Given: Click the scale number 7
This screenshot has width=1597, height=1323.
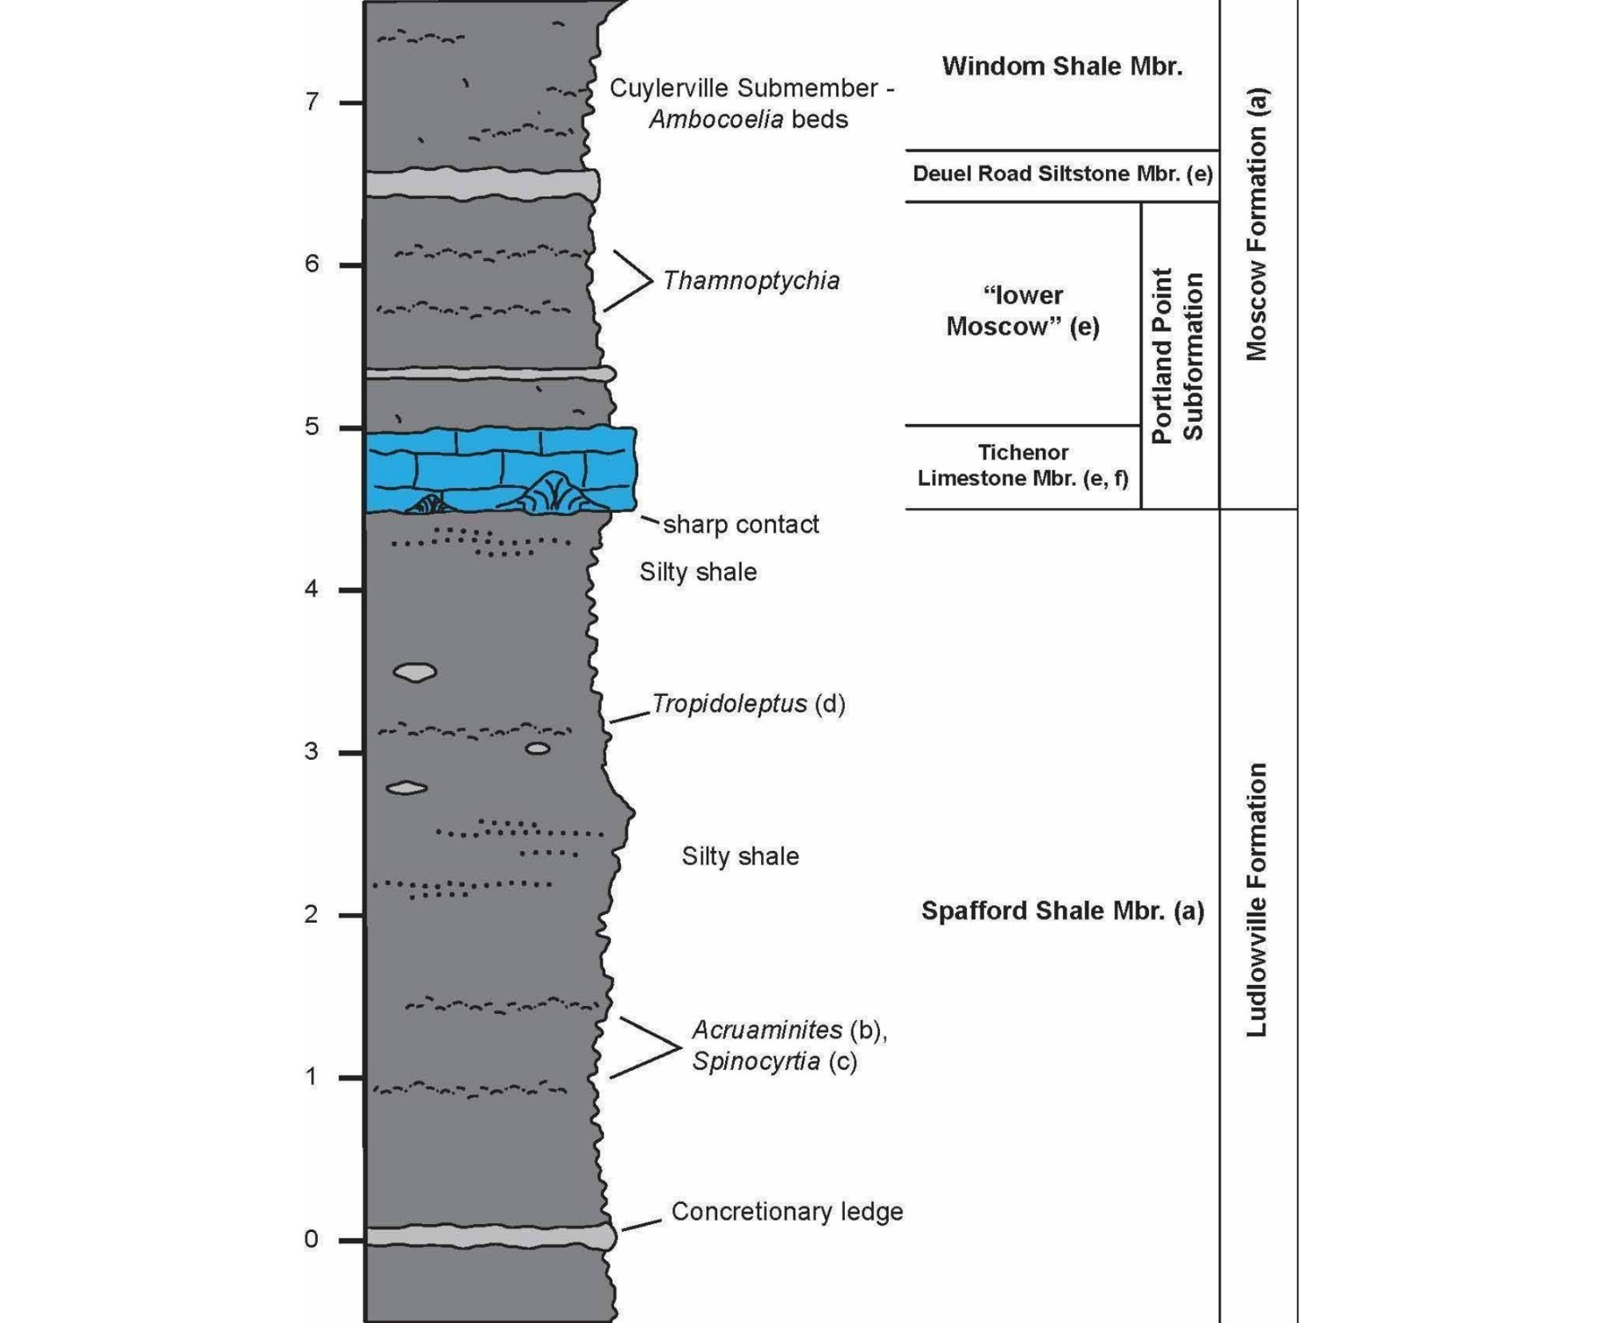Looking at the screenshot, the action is (311, 102).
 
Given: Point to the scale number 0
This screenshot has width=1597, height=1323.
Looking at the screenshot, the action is (311, 1239).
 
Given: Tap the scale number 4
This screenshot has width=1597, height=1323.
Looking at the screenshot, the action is (311, 590).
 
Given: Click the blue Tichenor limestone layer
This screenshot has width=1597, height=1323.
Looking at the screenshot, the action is (501, 469).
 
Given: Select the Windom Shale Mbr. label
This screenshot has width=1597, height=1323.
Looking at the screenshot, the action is (1062, 66).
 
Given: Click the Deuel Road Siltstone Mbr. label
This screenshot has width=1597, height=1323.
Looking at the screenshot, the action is (1063, 174).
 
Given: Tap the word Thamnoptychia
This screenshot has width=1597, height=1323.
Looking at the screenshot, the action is (751, 281).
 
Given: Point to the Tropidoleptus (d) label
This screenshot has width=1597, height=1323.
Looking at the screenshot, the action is (748, 704).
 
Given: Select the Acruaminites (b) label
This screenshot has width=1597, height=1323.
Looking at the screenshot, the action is (790, 1031).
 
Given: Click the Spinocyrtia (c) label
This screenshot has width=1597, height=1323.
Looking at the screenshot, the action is (775, 1062).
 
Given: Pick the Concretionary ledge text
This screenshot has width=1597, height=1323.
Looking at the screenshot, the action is (787, 1212).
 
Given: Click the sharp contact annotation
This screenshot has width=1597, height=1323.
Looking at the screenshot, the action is (741, 525).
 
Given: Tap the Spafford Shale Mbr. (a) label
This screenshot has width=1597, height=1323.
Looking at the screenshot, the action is (1063, 911).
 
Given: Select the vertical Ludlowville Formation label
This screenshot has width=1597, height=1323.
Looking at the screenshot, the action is (1257, 900).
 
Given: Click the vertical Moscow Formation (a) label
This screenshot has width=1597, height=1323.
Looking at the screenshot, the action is (1257, 224).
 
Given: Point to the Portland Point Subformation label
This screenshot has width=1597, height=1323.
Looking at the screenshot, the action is (1178, 355).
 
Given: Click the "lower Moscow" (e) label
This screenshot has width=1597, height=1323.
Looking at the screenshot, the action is (1023, 311).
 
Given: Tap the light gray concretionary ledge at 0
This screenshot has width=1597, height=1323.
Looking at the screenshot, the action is (490, 1237).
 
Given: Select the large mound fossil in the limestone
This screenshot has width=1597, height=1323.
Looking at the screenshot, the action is (551, 491).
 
